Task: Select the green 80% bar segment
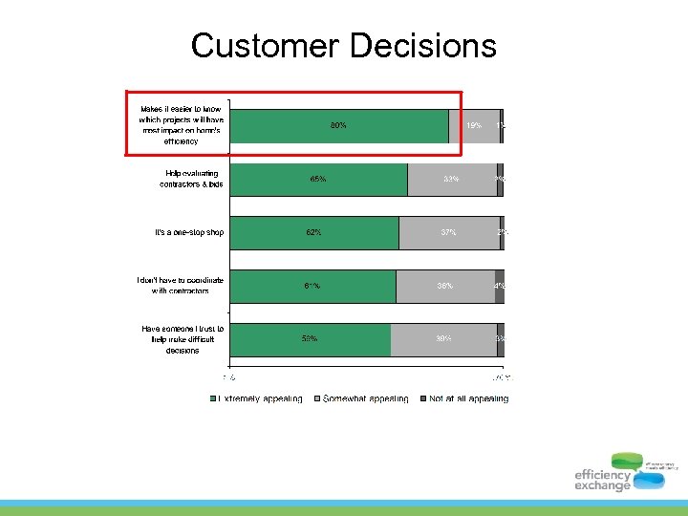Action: [x=339, y=126]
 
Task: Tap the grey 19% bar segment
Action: [x=473, y=126]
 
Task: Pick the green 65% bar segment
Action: [x=319, y=180]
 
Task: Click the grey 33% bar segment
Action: [x=452, y=180]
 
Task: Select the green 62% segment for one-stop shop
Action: [x=314, y=233]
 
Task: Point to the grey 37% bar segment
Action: [x=449, y=233]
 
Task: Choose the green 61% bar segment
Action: [x=312, y=287]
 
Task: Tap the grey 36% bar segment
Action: [x=445, y=287]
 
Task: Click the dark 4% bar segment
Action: [x=500, y=287]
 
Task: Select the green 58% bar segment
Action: [x=310, y=340]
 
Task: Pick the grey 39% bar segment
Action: [x=443, y=340]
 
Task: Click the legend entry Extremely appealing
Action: [x=257, y=398]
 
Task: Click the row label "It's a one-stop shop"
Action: [x=189, y=232]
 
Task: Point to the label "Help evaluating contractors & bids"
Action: [x=191, y=179]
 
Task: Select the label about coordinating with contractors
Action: [x=181, y=285]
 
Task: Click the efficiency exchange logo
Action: [x=625, y=472]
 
